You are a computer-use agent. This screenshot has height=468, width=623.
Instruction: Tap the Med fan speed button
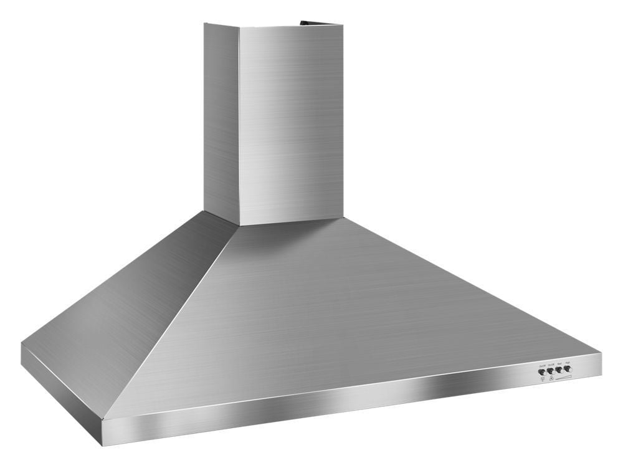(x=559, y=369)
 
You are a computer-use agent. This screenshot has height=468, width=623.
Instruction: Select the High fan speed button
(x=567, y=368)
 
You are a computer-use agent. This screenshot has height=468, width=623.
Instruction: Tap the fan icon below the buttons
(x=552, y=378)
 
